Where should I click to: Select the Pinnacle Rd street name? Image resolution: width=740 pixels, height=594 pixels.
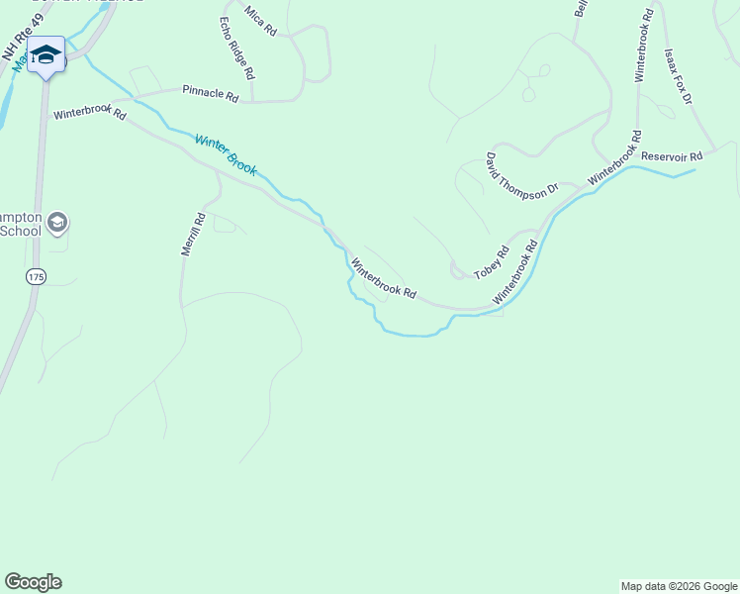(211, 96)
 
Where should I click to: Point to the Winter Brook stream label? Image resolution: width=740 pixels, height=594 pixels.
(226, 155)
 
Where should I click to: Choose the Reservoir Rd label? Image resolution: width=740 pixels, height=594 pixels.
(671, 156)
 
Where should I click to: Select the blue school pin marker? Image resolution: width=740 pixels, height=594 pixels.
(46, 54)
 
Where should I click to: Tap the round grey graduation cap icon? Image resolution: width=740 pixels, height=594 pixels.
(57, 223)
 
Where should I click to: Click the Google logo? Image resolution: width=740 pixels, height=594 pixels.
(34, 582)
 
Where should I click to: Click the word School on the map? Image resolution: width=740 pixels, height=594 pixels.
(21, 231)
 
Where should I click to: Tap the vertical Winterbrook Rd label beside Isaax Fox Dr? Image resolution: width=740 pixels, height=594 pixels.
(643, 47)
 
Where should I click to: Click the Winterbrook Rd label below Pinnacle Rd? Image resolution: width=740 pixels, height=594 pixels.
(90, 114)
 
